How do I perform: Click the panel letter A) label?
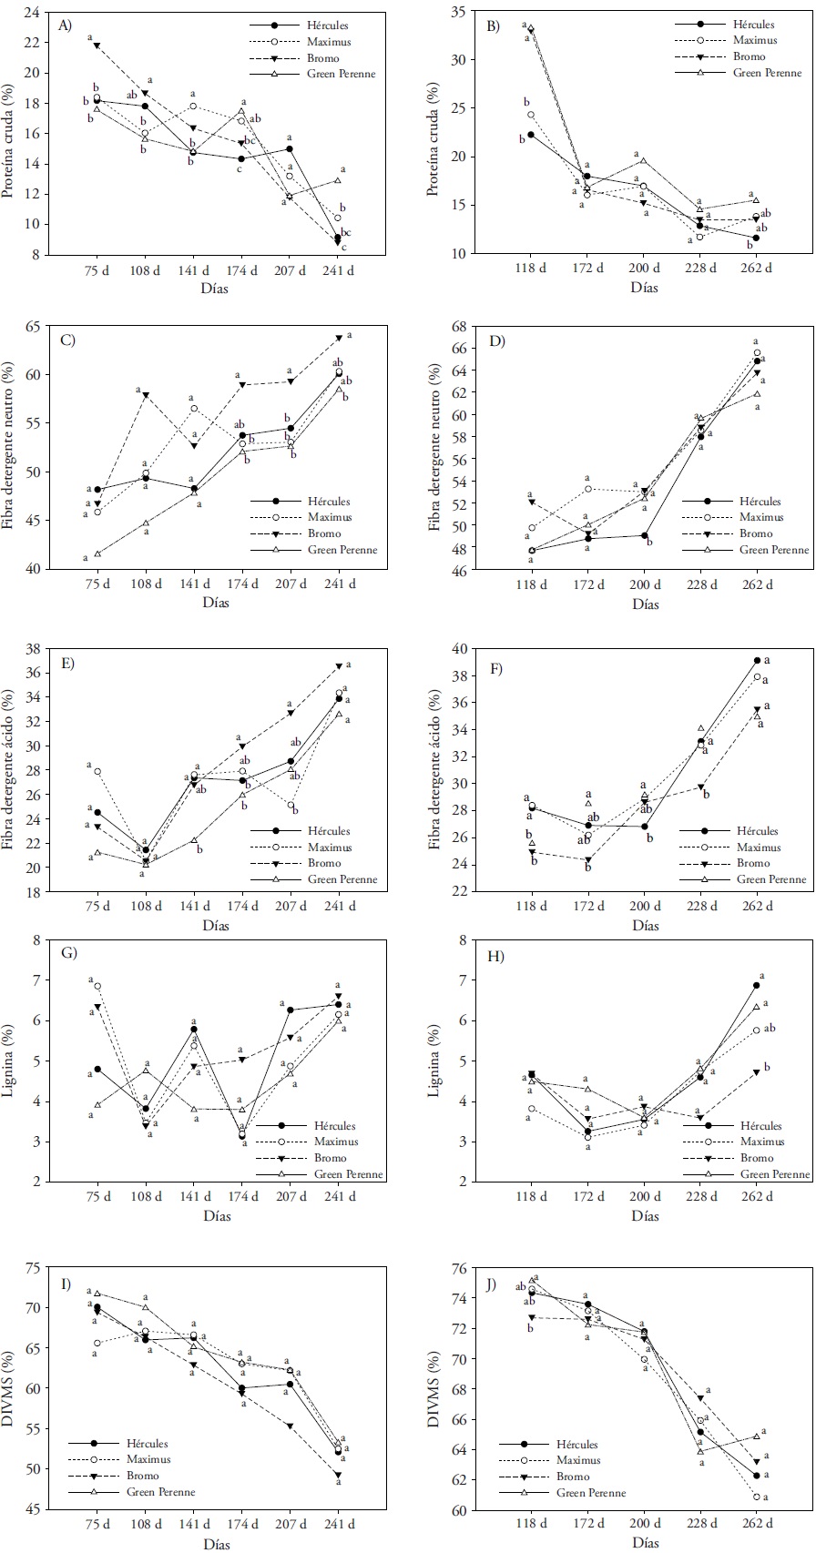pyautogui.click(x=65, y=25)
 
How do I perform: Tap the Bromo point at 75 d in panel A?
pyautogui.click(x=97, y=46)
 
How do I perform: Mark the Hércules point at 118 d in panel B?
pyautogui.click(x=531, y=135)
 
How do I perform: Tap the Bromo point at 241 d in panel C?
pyautogui.click(x=338, y=338)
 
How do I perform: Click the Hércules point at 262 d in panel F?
pyautogui.click(x=757, y=660)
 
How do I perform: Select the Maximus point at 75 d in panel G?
pyautogui.click(x=97, y=986)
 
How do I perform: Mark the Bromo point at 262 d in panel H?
pyautogui.click(x=757, y=1072)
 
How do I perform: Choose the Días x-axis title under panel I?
pyautogui.click(x=217, y=1544)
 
